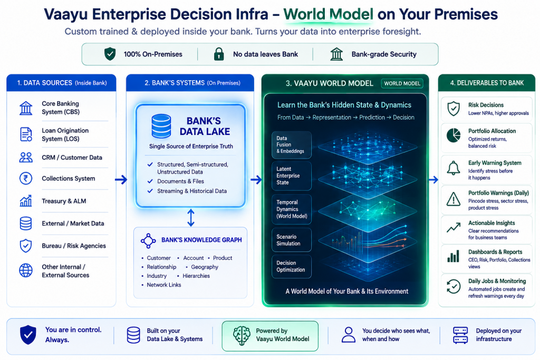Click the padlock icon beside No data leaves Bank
point(219,54)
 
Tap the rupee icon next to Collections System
point(26,178)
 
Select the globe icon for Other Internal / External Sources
point(26,270)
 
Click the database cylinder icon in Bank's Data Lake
point(161,126)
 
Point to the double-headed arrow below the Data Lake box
point(191,218)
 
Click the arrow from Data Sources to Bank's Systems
point(121,179)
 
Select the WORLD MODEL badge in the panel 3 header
point(402,83)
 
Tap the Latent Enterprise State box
point(291,176)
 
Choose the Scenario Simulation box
point(291,240)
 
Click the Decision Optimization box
point(291,266)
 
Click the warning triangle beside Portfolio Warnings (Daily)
point(453,199)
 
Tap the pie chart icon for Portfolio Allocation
point(454,135)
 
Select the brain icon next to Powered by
point(242,336)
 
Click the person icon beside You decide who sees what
point(348,335)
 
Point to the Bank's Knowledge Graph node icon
point(148,241)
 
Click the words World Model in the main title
point(328,14)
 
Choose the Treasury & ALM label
point(64,201)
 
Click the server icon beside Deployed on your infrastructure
point(460,335)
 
